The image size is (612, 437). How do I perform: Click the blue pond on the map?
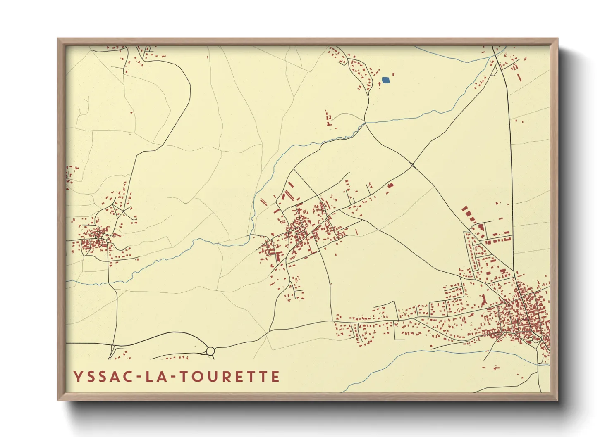385,80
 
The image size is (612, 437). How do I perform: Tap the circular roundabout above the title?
210,351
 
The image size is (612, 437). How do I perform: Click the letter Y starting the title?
77,377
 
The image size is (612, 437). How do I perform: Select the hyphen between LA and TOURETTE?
174,377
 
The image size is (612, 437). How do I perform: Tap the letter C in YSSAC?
128,377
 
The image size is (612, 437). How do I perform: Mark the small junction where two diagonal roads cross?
412,165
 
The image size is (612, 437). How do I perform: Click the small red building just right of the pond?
393,75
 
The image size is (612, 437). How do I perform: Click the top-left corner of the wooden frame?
58,39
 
